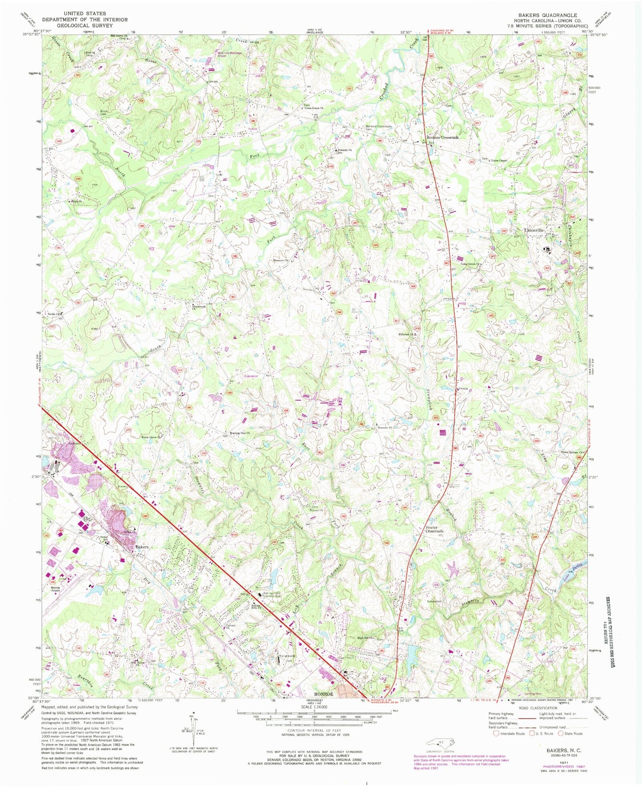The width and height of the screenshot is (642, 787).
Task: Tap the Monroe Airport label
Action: coord(56,589)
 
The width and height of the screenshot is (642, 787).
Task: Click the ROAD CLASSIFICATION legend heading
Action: coord(538,708)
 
